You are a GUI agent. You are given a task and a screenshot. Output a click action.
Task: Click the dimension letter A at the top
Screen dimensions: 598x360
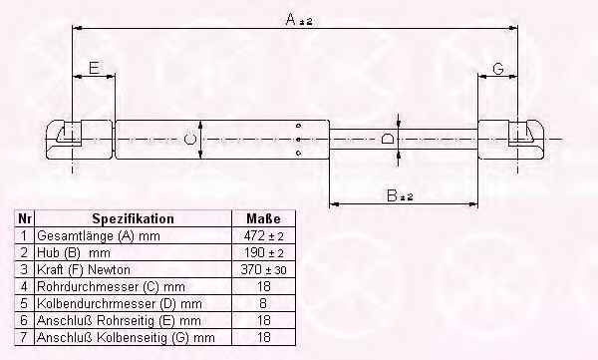coord(291,19)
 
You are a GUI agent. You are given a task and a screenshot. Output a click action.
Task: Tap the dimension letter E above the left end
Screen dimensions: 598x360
coord(95,68)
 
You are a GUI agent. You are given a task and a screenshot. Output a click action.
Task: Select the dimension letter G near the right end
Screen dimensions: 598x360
coord(498,69)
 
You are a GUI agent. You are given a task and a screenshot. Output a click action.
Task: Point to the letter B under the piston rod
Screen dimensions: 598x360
coord(392,195)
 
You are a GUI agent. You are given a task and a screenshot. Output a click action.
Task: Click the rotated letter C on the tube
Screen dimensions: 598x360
coord(190,139)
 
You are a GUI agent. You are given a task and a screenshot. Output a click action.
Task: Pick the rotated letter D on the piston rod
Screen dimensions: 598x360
coord(388,139)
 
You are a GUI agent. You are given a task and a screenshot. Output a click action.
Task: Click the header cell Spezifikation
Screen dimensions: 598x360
coord(134,218)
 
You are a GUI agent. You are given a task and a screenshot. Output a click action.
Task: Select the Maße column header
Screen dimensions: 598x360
coord(263,218)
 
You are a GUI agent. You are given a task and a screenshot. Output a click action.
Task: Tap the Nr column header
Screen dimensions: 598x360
coord(24,218)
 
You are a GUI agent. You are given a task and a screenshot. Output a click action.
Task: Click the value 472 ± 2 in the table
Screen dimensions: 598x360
coord(263,236)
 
